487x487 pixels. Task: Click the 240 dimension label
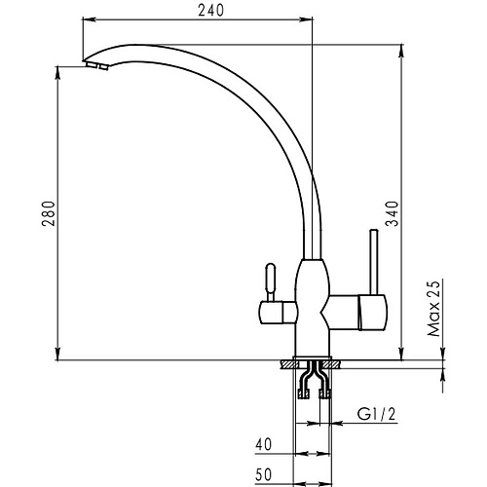(210, 11)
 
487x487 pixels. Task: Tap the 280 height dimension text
(49, 214)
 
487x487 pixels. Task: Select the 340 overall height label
(392, 213)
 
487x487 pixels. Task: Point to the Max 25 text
(433, 308)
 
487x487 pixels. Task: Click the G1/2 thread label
(377, 414)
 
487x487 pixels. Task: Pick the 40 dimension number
(263, 444)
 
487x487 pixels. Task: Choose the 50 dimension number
(263, 474)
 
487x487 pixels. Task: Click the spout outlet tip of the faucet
(95, 65)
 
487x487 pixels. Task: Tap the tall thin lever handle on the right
(374, 262)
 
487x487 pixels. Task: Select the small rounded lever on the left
(271, 282)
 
